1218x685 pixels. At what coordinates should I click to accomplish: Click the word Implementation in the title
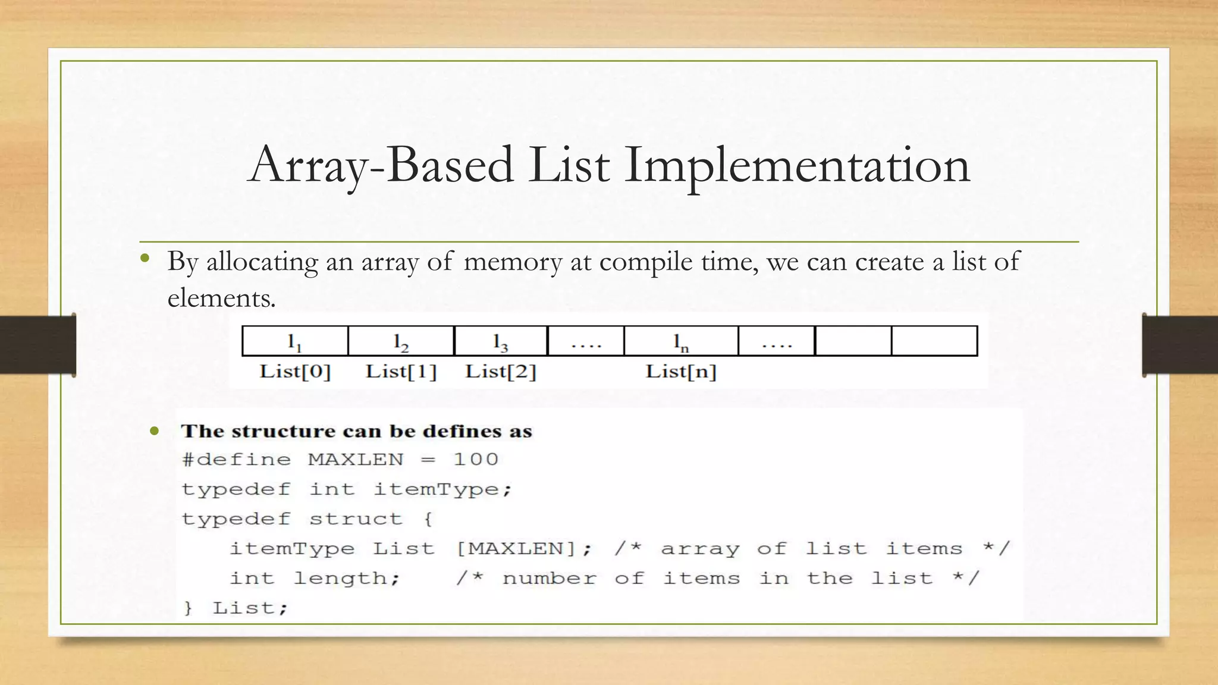[797, 165]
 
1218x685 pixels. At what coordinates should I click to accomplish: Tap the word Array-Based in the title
[381, 165]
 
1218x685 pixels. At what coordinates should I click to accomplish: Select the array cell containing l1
[295, 341]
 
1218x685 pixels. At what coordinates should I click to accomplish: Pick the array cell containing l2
[401, 341]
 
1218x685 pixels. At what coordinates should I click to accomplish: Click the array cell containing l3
[500, 341]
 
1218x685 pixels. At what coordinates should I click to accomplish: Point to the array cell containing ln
[681, 341]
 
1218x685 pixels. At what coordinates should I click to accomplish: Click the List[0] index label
[295, 372]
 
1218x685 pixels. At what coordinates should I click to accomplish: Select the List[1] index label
[401, 372]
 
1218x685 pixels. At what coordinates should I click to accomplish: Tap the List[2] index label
[500, 372]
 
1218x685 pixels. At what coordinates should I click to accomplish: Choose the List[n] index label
[681, 372]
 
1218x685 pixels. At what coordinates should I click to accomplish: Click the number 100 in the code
[476, 460]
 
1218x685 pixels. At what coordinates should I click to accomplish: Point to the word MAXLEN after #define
[356, 460]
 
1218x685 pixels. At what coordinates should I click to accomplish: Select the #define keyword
[236, 460]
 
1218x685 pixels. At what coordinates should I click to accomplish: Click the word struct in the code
[356, 519]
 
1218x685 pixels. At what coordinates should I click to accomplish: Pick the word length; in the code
[347, 579]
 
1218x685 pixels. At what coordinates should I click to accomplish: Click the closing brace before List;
[188, 608]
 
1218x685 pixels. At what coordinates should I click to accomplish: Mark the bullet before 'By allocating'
[145, 259]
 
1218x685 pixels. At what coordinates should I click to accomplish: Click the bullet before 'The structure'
[155, 431]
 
